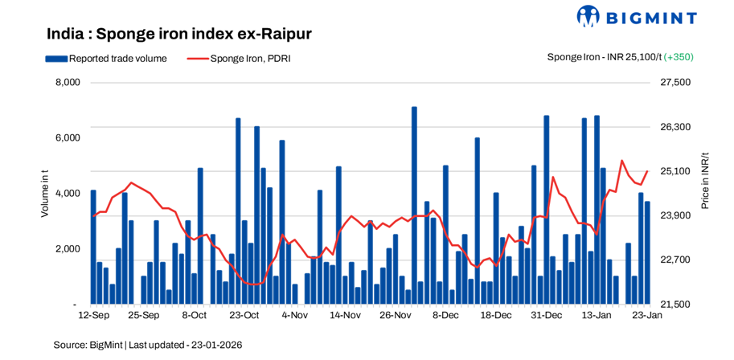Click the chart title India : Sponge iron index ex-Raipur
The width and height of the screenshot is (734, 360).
[x=178, y=34]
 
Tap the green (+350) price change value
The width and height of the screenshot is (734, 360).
[x=679, y=57]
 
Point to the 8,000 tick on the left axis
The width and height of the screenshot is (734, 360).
[x=68, y=83]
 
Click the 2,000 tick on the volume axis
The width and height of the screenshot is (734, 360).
[x=68, y=249]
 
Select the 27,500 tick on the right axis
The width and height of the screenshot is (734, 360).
[x=675, y=83]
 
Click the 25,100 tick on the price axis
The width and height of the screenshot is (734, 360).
[x=675, y=171]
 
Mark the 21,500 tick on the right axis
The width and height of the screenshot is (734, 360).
[x=675, y=305]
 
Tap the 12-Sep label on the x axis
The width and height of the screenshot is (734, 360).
[x=93, y=317]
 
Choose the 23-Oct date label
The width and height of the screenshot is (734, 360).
[x=244, y=317]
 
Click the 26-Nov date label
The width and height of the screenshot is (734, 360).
[x=396, y=317]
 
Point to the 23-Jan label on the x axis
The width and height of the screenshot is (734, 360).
[x=646, y=317]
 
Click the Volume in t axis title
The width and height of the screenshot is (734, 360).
[x=45, y=193]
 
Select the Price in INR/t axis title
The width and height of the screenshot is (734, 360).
[x=704, y=181]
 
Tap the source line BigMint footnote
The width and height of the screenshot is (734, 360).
[x=148, y=344]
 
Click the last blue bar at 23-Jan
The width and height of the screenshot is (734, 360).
[x=647, y=253]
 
